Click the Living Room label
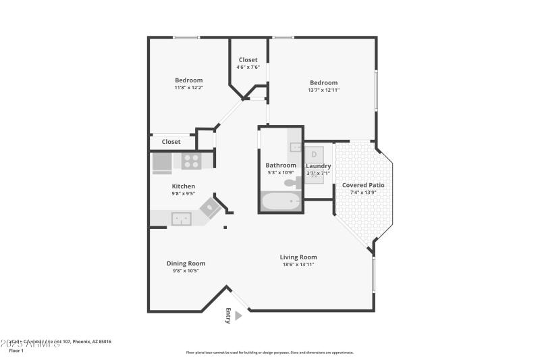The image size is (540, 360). pyautogui.click(x=298, y=257)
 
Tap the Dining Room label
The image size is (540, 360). pyautogui.click(x=186, y=263)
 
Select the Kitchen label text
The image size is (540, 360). pyautogui.click(x=183, y=186)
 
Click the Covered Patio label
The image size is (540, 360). pyautogui.click(x=363, y=185)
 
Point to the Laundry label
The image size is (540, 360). pyautogui.click(x=318, y=165)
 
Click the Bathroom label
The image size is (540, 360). pyautogui.click(x=280, y=165)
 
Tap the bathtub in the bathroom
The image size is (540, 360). pyautogui.click(x=281, y=201)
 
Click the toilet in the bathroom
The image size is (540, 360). pyautogui.click(x=291, y=182)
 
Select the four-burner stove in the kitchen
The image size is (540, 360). pyautogui.click(x=191, y=161)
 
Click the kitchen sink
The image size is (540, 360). pyautogui.click(x=181, y=218)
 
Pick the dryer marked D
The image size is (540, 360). pyautogui.click(x=314, y=153)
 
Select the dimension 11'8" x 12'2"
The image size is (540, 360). pyautogui.click(x=188, y=87)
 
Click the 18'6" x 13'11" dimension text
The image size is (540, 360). pyautogui.click(x=298, y=264)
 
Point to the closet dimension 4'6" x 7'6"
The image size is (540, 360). pyautogui.click(x=248, y=67)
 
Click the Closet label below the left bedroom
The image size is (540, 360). pyautogui.click(x=171, y=142)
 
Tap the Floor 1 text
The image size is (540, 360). pyautogui.click(x=16, y=351)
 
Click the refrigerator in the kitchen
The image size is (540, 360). pyautogui.click(x=161, y=162)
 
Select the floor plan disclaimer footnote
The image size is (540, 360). pyautogui.click(x=269, y=352)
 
